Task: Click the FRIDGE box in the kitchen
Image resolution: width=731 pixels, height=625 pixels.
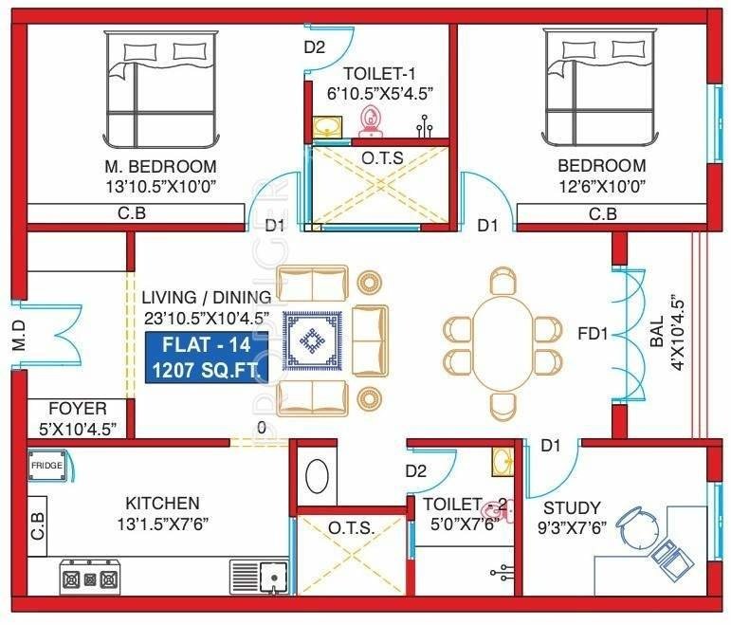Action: coord(46,466)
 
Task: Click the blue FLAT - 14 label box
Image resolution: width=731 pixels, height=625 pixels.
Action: coord(207,357)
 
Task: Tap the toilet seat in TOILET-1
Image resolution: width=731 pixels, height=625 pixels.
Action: coord(371,119)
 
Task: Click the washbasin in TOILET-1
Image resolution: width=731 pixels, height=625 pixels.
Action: coord(327,126)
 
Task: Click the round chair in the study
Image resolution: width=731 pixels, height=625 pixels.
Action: coord(635,521)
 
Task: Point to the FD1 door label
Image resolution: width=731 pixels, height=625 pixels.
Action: coord(595,334)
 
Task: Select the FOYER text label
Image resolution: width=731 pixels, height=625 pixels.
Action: coord(78,409)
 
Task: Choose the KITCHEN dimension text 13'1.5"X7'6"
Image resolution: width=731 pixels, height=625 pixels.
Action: coord(162,523)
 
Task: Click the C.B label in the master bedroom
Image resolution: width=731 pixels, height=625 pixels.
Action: coord(132,214)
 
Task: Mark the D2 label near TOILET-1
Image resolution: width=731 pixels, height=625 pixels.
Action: coord(315,47)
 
